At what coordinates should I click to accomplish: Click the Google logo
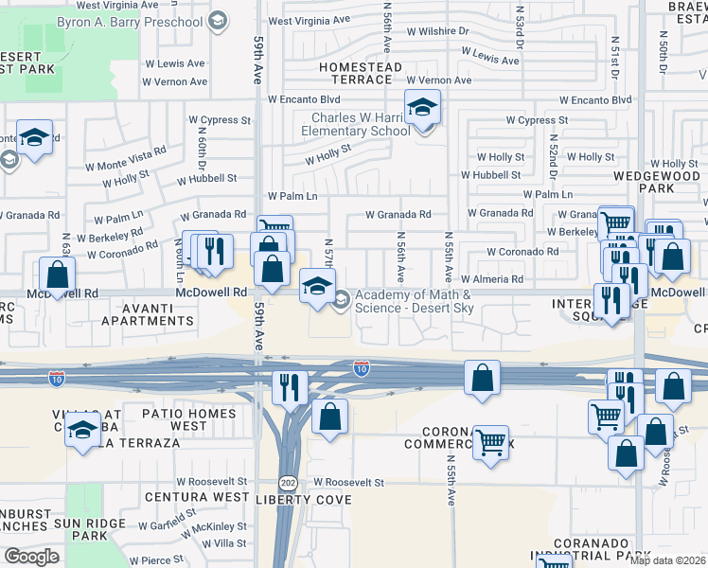[31, 557]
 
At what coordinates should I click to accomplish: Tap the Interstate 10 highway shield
[361, 367]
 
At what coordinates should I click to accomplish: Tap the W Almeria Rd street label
[492, 279]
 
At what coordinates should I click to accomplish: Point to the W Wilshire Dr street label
[437, 31]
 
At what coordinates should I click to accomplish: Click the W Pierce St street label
[157, 561]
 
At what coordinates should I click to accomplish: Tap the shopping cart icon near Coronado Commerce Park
[489, 441]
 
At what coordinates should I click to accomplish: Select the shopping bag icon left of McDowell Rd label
[58, 275]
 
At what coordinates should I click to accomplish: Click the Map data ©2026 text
[668, 560]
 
